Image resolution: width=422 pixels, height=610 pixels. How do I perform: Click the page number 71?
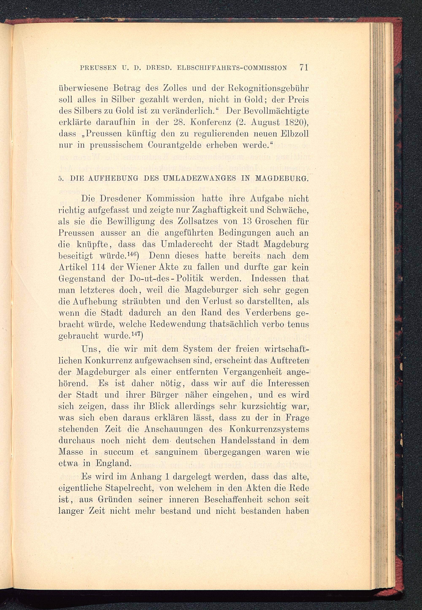coord(304,67)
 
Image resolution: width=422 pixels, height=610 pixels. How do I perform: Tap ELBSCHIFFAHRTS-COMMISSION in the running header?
coord(232,68)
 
